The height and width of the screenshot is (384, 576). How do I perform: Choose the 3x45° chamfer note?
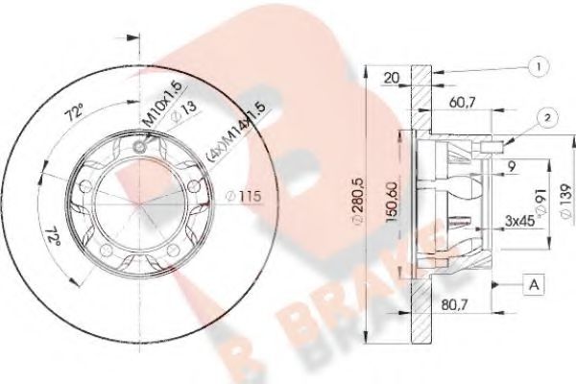[x=520, y=222]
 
